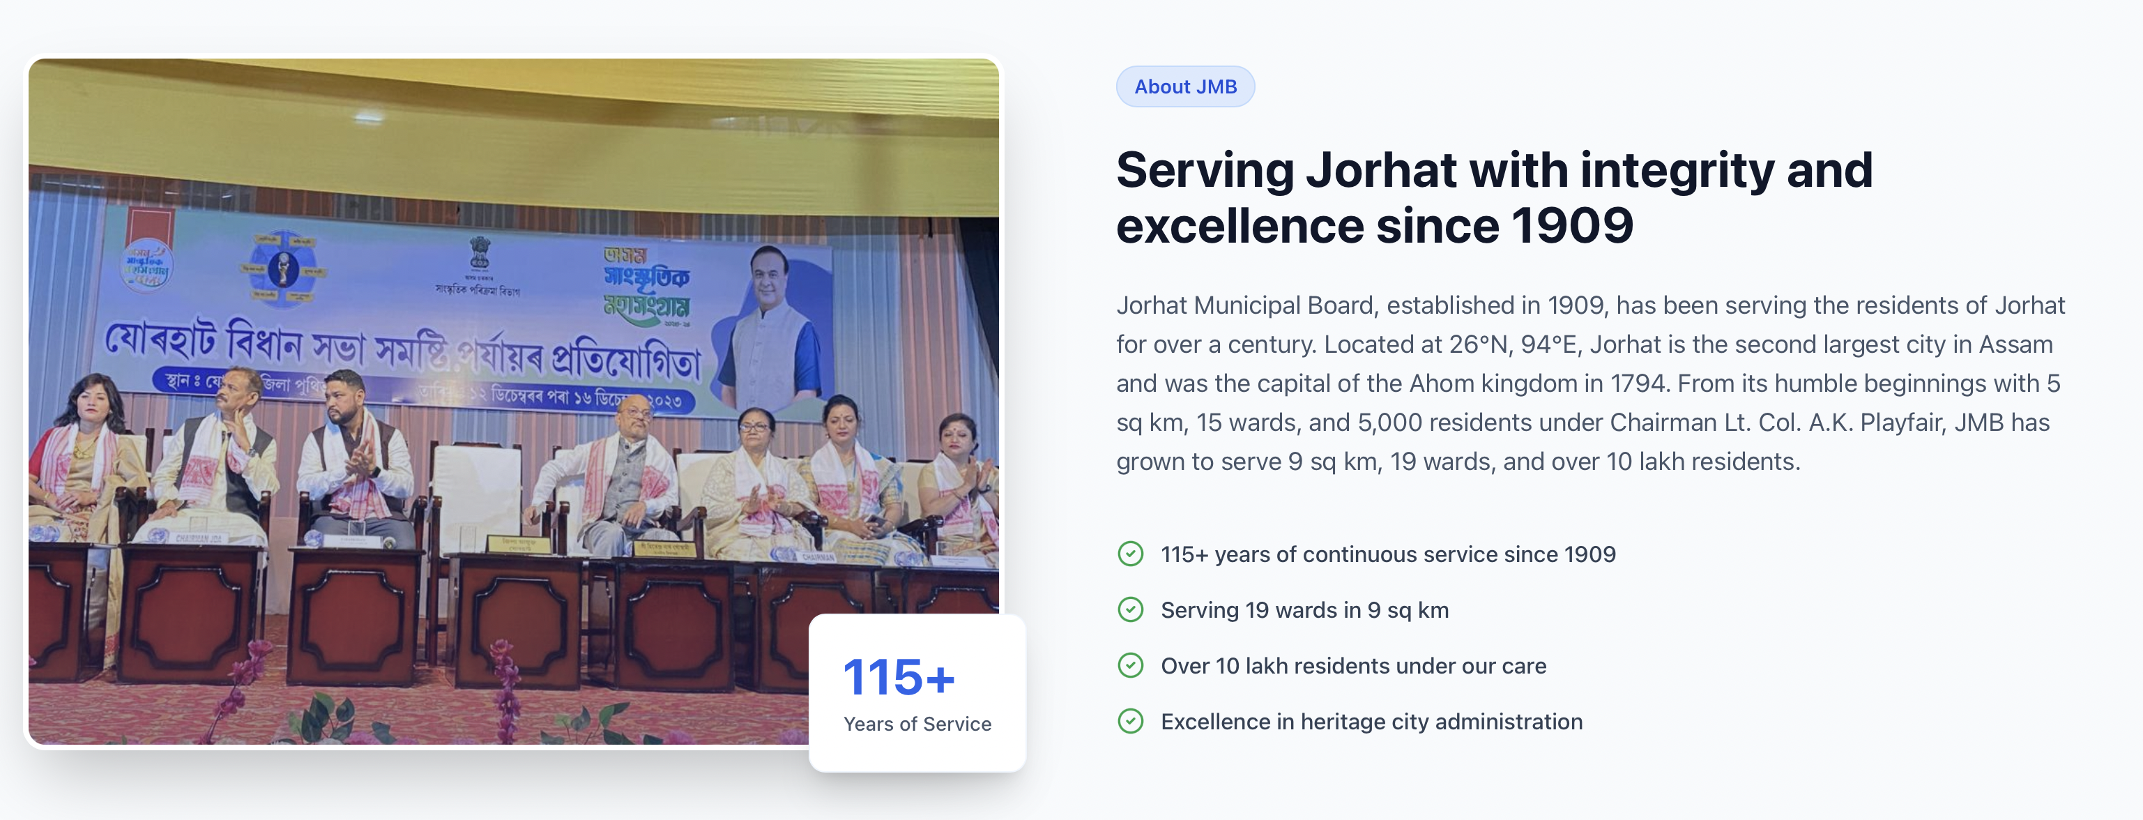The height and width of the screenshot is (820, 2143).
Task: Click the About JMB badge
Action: (1184, 86)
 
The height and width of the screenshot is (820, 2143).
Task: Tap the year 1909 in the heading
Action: (1571, 227)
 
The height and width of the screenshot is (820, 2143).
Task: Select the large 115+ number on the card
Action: (899, 677)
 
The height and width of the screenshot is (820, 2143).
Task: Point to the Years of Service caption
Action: (917, 724)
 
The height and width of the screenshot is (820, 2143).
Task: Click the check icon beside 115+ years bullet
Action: (1130, 554)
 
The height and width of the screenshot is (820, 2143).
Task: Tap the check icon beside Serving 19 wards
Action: (1130, 609)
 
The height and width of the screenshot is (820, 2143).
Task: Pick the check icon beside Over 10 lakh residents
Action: (1130, 665)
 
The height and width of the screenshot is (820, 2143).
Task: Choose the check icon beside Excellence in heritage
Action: (1130, 721)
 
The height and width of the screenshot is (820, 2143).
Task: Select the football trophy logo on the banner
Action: (283, 268)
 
